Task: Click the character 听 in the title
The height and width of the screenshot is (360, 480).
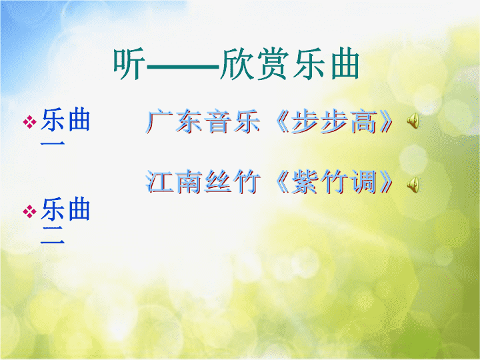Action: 129,64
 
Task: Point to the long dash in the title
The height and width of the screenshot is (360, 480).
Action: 183,66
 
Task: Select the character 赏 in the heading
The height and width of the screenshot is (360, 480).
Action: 273,64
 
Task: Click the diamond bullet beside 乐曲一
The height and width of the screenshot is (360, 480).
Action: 30,121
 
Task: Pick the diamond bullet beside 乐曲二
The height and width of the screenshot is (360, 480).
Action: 30,211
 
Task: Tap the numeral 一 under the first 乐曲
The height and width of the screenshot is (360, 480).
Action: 53,143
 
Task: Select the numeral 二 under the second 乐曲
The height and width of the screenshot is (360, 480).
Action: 53,235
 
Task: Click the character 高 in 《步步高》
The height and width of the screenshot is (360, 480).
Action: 364,121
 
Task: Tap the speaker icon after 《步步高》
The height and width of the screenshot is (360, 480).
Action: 413,121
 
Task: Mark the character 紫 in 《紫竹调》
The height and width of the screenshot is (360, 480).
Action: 305,181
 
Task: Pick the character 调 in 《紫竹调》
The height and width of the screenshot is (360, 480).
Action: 364,181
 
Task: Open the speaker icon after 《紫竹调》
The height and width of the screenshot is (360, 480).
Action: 413,185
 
